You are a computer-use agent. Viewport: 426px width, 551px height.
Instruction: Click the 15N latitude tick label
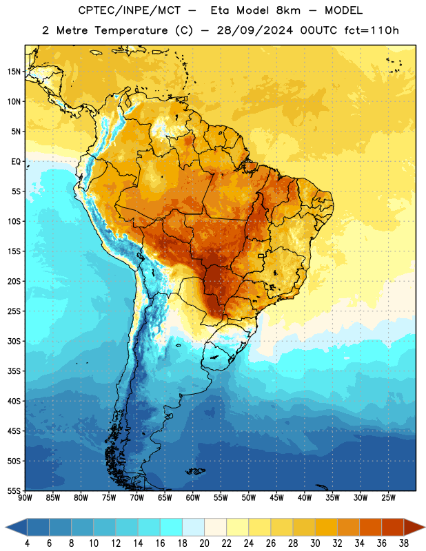[14, 72]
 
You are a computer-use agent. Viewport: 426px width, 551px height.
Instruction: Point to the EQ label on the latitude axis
[16, 162]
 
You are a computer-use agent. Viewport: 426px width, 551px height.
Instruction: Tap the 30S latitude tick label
[14, 341]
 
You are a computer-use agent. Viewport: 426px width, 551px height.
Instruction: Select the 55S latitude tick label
[14, 490]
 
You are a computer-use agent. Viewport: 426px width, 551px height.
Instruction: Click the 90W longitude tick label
[25, 498]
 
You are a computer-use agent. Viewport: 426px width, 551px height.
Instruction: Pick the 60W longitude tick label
[193, 498]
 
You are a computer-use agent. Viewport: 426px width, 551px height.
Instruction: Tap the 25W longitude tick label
[388, 498]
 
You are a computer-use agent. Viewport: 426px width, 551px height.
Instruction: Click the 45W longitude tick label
[276, 498]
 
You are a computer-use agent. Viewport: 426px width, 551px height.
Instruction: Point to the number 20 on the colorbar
[204, 543]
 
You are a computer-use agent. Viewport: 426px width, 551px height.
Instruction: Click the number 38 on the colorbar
[403, 543]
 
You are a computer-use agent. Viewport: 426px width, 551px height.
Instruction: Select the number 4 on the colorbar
[27, 543]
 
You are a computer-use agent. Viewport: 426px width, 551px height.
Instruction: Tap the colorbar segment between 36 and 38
[393, 527]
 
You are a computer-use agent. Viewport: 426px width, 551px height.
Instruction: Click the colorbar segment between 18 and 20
[194, 527]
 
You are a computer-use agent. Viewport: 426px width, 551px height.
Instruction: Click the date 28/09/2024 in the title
[254, 30]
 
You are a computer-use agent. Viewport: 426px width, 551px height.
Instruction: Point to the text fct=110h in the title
[372, 30]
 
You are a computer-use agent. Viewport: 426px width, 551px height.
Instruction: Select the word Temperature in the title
[131, 30]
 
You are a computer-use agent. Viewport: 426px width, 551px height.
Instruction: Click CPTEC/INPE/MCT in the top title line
[130, 10]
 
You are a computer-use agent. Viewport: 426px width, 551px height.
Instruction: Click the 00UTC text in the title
[318, 30]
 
